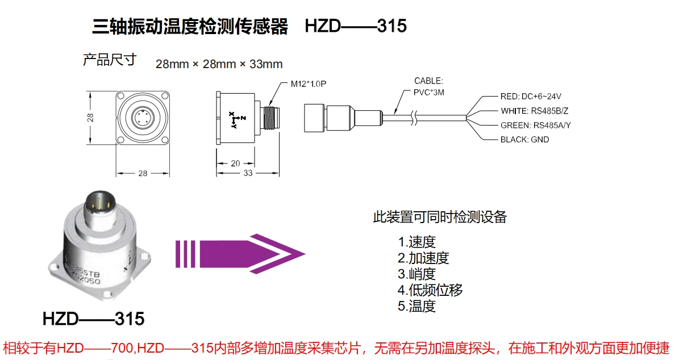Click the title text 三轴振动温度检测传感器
[190, 26]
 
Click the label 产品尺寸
[110, 60]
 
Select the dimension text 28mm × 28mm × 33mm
[219, 64]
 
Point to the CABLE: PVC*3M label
[428, 86]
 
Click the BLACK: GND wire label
[524, 139]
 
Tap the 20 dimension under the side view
[235, 164]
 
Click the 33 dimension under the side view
[248, 173]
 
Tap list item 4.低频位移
[430, 290]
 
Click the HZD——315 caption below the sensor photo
[94, 319]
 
